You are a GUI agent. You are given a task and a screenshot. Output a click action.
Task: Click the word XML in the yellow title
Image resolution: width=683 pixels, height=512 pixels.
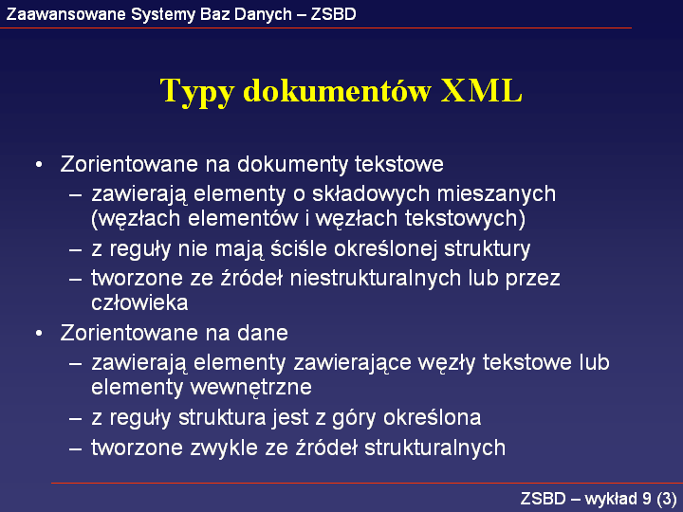click(481, 91)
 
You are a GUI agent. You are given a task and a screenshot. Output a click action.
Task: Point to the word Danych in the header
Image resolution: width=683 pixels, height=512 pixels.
click(263, 15)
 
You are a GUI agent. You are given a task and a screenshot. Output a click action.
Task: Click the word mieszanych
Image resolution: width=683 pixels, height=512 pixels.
click(496, 193)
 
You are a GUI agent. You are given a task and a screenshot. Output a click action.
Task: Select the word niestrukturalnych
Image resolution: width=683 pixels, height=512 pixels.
click(376, 278)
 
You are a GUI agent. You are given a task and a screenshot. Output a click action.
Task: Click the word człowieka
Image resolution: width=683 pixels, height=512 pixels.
click(139, 302)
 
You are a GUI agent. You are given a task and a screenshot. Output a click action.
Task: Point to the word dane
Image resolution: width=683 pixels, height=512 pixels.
click(262, 333)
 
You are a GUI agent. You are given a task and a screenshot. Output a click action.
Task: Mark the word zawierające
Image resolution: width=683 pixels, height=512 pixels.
click(352, 362)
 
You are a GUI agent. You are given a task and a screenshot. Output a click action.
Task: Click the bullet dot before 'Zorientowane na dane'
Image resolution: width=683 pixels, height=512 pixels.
click(39, 334)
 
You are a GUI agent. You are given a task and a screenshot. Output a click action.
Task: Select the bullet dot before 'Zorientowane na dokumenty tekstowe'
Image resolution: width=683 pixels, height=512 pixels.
click(39, 165)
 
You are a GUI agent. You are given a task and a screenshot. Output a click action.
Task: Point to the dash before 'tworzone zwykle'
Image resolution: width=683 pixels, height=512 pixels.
click(75, 448)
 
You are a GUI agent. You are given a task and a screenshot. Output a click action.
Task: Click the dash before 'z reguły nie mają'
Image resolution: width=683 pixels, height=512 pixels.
click(75, 249)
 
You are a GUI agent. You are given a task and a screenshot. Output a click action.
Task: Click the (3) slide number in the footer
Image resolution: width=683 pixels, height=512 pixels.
click(667, 499)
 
